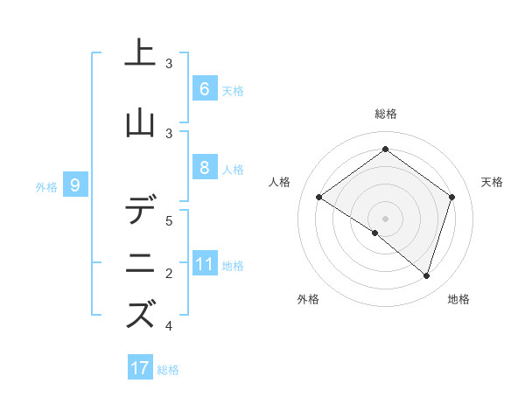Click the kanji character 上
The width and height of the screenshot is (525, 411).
[x=140, y=54]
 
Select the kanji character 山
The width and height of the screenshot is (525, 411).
[x=140, y=124]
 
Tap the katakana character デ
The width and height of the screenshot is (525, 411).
[x=140, y=211]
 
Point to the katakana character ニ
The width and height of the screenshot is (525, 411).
[x=140, y=264]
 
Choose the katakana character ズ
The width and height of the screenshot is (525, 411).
[x=140, y=316]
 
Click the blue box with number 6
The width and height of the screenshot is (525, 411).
[x=204, y=88]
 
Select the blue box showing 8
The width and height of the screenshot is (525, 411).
[x=204, y=168]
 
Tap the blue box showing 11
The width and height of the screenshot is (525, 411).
[x=204, y=264]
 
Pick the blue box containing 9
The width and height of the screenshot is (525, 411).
[x=75, y=185]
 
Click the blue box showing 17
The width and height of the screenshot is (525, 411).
[x=140, y=368]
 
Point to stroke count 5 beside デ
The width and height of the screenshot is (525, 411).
[x=169, y=220]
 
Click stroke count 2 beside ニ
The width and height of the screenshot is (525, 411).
[x=169, y=274]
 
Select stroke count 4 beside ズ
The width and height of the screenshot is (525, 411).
[x=169, y=326]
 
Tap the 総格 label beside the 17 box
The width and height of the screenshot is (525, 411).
[x=168, y=370]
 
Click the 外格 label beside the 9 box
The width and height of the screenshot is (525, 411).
[x=46, y=186]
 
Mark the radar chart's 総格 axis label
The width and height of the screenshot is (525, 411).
[x=385, y=114]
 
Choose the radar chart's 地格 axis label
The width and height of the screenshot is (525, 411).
[x=458, y=300]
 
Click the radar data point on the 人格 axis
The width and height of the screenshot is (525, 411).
[x=318, y=197]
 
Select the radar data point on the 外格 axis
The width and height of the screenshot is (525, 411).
[x=375, y=233]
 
